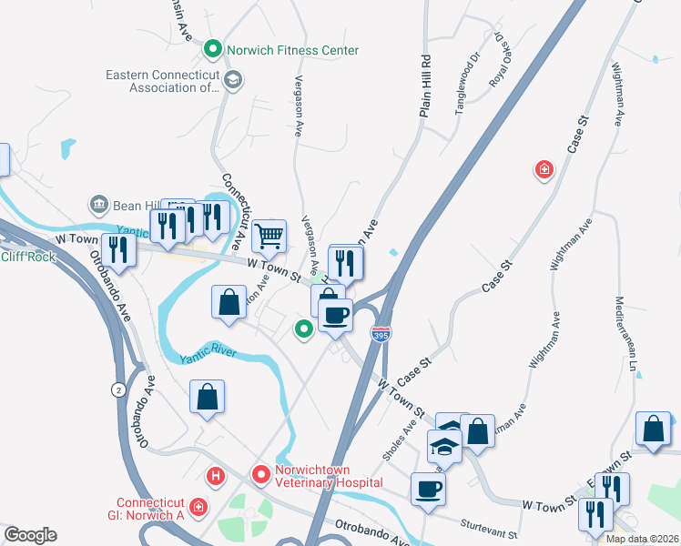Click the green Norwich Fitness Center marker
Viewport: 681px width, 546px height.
(213, 49)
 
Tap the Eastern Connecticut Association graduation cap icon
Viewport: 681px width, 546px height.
(233, 81)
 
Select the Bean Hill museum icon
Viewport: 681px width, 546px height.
(98, 205)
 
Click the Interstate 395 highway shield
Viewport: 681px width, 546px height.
(381, 335)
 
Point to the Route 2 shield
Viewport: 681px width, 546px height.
(117, 389)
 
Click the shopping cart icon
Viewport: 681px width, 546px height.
(269, 236)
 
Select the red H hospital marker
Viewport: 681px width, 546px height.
(216, 474)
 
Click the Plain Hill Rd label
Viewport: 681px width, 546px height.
(424, 86)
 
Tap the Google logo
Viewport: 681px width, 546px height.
(30, 535)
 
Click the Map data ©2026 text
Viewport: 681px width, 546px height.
(641, 539)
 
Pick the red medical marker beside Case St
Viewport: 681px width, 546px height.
(544, 169)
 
